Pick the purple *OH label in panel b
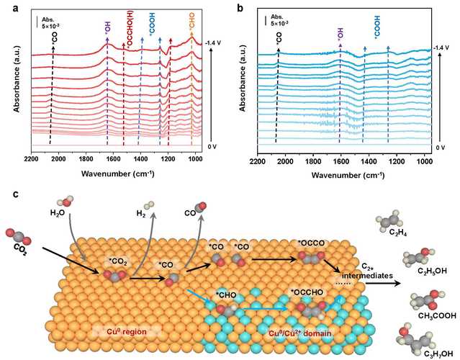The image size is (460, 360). [x=340, y=33]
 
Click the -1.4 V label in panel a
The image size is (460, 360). [x=212, y=44]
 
